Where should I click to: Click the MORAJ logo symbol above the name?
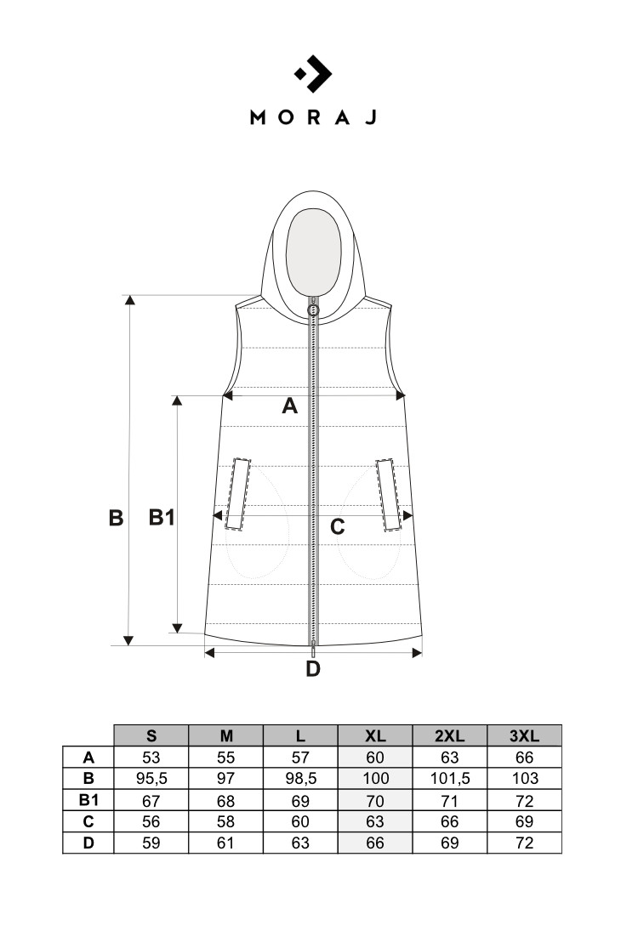pos(312,74)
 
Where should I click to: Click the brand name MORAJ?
pos(312,118)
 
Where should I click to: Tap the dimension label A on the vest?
pos(289,407)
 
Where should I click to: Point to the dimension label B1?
pos(162,517)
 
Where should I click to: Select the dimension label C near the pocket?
pos(337,527)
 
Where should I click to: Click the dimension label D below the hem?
pos(313,669)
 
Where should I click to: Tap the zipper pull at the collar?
pos(313,309)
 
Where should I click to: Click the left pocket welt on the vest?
pos(237,494)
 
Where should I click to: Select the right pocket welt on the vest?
pos(390,494)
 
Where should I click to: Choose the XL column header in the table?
pos(375,735)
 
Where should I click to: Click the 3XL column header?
pos(524,735)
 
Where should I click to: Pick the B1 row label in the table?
pos(88,800)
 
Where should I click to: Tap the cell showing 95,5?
pos(151,779)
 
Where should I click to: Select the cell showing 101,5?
pos(449,779)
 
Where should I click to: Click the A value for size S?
pos(151,758)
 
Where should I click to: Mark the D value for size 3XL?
pos(524,843)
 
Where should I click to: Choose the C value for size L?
pos(300,821)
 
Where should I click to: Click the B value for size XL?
pos(375,779)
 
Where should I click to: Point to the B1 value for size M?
pos(225,800)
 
